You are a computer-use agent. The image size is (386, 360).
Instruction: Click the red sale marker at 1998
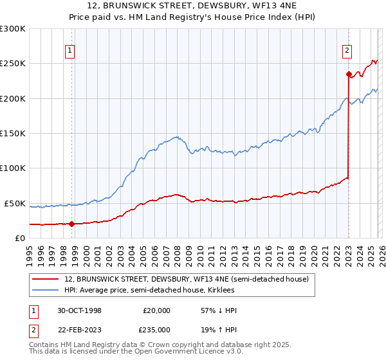pyautogui.click(x=71, y=224)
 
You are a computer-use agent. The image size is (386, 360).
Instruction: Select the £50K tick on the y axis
pyautogui.click(x=15, y=203)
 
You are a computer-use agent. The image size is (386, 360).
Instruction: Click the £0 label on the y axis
pyautogui.click(x=19, y=239)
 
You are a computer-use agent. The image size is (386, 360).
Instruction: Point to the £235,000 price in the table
pyautogui.click(x=157, y=330)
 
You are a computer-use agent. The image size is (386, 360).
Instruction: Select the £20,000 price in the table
pyautogui.click(x=157, y=310)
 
